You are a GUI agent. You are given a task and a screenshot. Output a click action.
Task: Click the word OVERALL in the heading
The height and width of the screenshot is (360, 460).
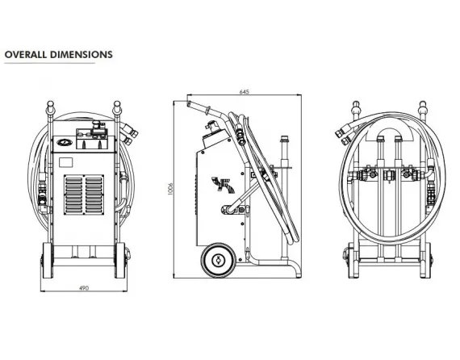point(25,55)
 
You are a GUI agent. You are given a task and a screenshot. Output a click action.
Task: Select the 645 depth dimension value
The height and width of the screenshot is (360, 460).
point(244,92)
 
